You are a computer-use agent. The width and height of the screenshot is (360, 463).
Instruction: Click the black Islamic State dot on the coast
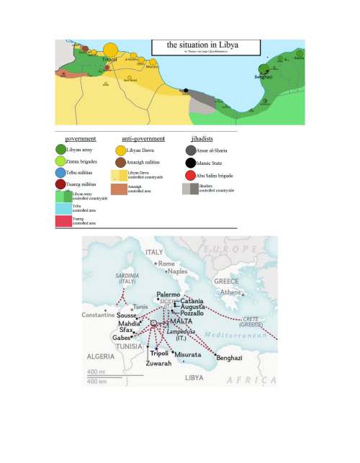coord(186,91)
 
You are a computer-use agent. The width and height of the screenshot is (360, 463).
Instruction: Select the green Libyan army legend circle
coord(60,149)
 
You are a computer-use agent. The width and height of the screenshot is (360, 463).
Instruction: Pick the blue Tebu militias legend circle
coord(60,173)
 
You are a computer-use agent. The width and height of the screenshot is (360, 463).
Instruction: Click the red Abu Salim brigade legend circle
coord(190,174)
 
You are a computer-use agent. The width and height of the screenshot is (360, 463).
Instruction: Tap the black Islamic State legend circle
coord(190,161)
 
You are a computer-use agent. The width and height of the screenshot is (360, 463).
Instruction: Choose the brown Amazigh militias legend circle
coord(120,163)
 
